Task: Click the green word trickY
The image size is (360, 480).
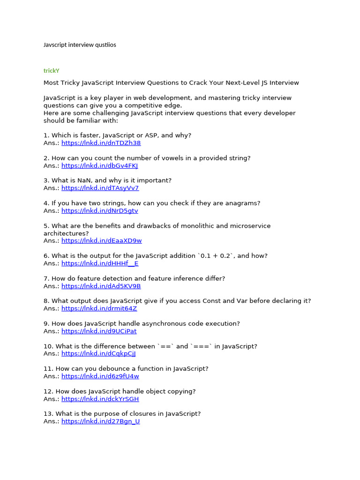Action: pos(52,71)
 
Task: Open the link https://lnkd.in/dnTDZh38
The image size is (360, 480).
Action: pos(101,143)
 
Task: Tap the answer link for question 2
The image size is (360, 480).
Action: pos(99,165)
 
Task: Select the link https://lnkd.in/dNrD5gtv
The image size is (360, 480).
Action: pos(99,210)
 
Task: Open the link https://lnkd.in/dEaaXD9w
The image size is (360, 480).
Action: pos(101,241)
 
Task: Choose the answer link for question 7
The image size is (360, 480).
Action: pos(101,286)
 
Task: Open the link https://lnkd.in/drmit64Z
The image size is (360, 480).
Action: pos(99,308)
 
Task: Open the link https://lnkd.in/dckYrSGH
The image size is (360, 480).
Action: pos(100,399)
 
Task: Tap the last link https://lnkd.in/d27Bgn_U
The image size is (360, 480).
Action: pos(100,421)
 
